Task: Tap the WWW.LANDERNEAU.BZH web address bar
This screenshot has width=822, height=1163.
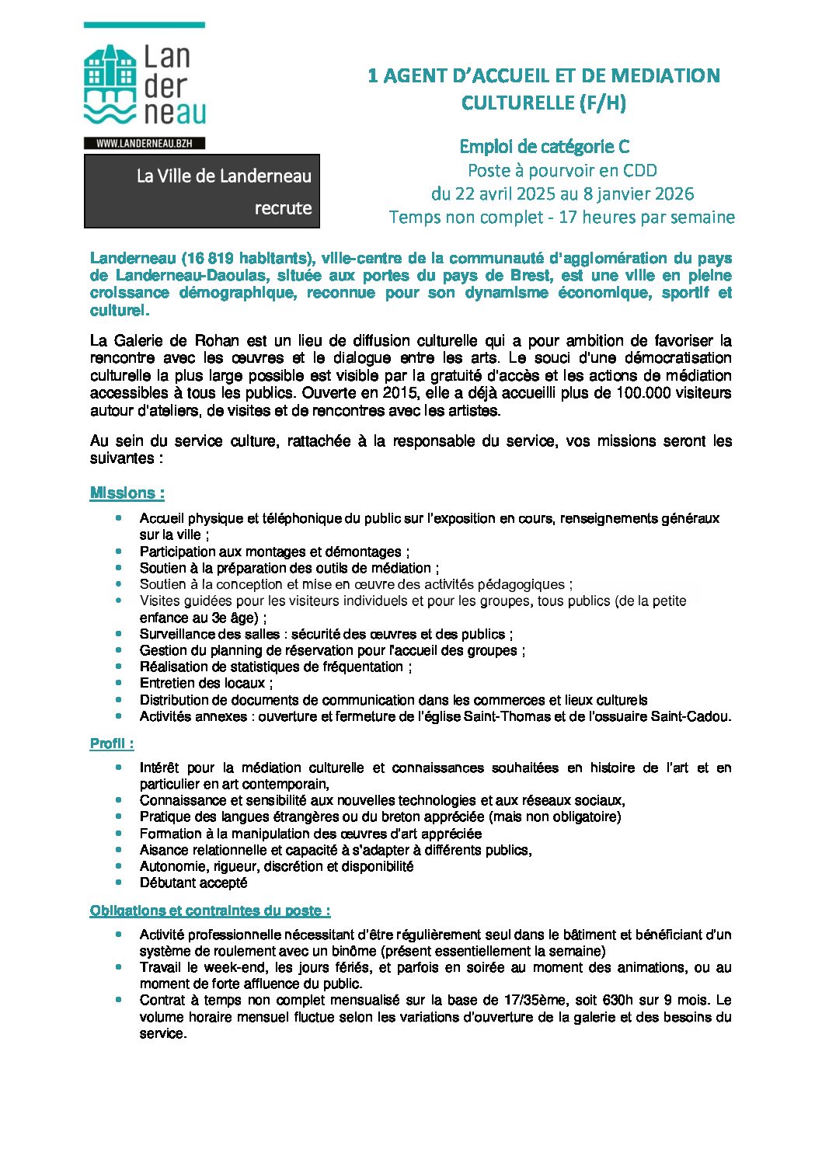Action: click(145, 144)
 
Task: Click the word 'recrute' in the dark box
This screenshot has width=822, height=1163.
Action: click(283, 208)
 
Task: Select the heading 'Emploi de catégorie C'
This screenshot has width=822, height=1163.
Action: click(544, 147)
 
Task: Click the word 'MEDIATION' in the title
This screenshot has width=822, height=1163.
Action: click(666, 75)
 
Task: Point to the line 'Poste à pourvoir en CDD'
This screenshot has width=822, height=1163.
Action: click(562, 170)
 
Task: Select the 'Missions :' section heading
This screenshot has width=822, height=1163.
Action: click(127, 493)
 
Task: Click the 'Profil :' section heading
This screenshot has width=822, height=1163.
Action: click(112, 743)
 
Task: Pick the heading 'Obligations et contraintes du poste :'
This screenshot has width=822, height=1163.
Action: click(210, 911)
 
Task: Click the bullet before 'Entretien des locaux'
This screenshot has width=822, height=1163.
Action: click(119, 683)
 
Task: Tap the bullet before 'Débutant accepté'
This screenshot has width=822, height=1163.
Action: click(119, 883)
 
